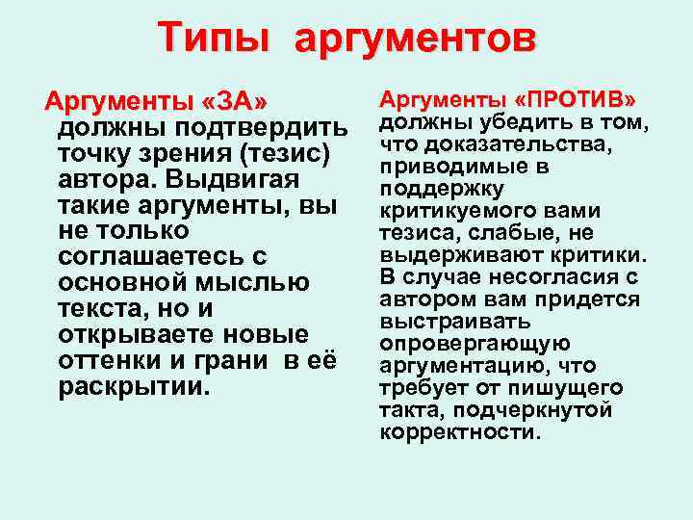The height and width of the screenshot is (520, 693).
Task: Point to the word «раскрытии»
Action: click(134, 388)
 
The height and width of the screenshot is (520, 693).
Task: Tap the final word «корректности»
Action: click(460, 432)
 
